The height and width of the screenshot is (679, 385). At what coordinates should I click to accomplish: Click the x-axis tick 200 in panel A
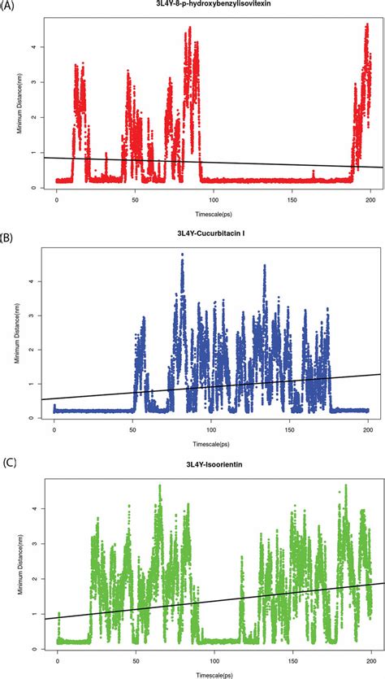pos(370,199)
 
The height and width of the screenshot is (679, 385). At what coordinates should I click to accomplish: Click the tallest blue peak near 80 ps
pos(183,255)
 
